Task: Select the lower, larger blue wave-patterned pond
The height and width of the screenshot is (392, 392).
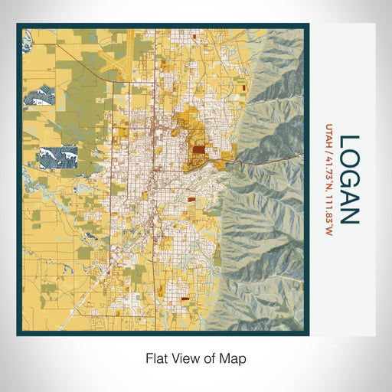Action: click(57, 156)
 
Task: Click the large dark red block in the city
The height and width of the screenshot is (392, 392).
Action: click(198, 151)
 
